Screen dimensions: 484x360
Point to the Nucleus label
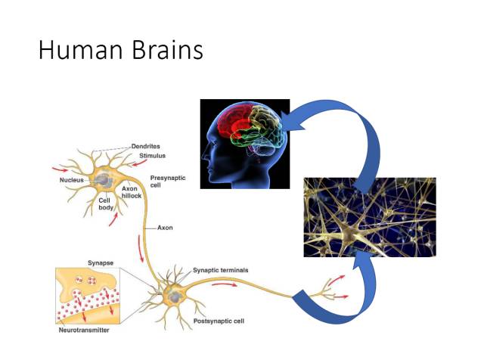click(73, 181)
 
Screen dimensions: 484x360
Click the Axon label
click(166, 227)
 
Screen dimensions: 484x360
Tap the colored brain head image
click(244, 144)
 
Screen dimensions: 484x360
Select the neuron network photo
click(369, 217)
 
